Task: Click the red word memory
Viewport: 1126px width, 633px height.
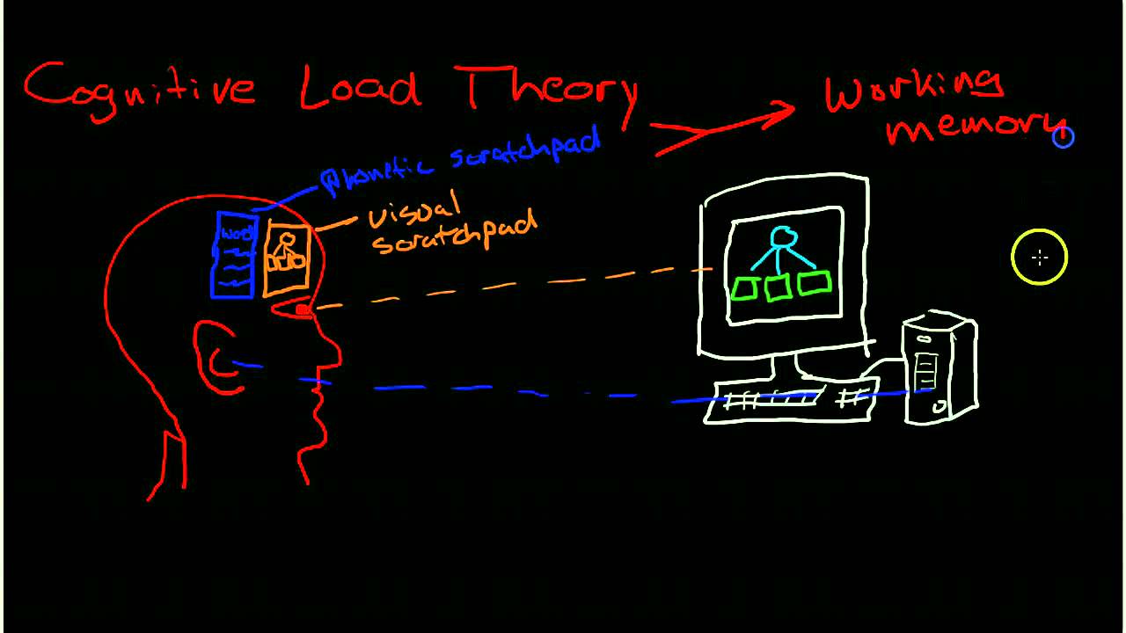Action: coord(972,128)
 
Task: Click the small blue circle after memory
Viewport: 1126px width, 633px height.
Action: coord(1064,136)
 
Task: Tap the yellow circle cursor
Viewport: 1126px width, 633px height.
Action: coord(1039,258)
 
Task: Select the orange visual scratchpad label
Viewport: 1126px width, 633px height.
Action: coord(449,223)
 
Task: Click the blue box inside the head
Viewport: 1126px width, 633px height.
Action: coord(233,254)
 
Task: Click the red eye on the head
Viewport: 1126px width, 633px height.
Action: coord(301,309)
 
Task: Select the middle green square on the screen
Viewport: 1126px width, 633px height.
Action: coord(777,287)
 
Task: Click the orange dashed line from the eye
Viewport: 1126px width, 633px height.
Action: coord(510,284)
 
